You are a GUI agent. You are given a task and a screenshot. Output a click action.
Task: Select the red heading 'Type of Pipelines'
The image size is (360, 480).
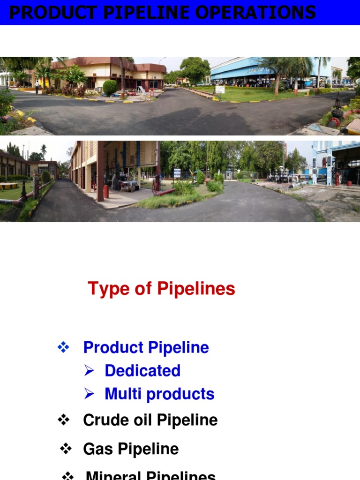161,289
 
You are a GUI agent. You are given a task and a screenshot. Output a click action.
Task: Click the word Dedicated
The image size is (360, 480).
142,370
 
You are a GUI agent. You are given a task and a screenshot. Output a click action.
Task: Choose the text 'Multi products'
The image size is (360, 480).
159,394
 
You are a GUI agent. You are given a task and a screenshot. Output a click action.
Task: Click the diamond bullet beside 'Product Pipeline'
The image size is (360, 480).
63,347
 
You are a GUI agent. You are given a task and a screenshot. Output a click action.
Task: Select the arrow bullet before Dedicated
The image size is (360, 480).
90,370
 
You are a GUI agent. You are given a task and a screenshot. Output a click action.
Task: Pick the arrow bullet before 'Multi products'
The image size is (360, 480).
90,394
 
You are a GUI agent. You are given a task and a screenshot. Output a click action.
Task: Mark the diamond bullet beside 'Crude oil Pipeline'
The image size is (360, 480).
63,420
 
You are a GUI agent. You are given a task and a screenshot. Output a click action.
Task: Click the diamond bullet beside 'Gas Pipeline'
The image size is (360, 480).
66,449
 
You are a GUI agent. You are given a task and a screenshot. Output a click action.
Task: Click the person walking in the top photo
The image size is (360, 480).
37,87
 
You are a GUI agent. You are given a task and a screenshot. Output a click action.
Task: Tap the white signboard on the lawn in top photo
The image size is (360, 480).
219,90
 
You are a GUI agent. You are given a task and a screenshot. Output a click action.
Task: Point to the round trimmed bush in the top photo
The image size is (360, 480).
110,87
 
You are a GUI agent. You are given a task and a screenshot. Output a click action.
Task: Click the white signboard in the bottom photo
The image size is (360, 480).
177,172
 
